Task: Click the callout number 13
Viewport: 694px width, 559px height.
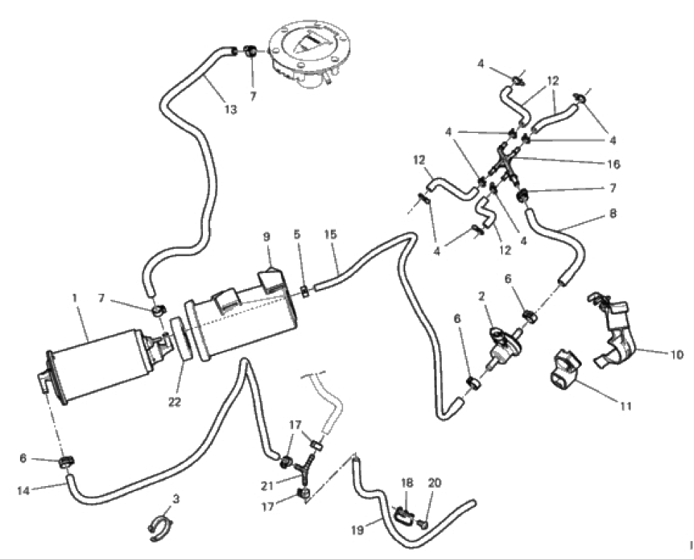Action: (x=231, y=109)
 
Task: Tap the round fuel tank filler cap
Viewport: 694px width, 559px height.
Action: (x=308, y=53)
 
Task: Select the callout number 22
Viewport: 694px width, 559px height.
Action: (x=175, y=402)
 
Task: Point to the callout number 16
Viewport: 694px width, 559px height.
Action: (x=613, y=164)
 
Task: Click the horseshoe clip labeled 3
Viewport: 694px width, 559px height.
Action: (x=160, y=528)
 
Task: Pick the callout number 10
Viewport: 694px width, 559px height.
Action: (x=676, y=355)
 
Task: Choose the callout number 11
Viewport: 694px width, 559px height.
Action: (x=625, y=405)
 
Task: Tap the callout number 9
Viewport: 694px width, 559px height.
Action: (x=267, y=237)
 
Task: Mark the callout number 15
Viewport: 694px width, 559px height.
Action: (x=330, y=234)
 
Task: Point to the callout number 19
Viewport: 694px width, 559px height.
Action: (x=357, y=529)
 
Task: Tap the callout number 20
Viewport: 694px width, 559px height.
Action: (x=435, y=483)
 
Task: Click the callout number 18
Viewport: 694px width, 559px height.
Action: (x=407, y=483)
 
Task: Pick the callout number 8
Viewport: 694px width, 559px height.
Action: (x=613, y=213)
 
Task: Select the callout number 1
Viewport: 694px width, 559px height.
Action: (x=74, y=298)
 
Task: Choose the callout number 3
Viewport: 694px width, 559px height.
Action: (x=176, y=499)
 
